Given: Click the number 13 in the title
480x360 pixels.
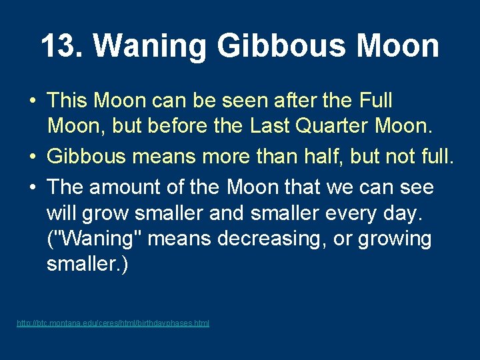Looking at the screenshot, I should [57, 46].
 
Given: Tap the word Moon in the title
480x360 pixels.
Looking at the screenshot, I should [397, 46].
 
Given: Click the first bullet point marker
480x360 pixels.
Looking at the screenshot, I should [31, 101].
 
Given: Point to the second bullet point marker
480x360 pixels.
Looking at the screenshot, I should [31, 156].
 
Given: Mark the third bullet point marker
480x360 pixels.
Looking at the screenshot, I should [31, 187].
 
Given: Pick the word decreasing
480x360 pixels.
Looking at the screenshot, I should [284, 238].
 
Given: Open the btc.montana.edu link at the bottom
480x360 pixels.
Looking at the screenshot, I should [113, 323].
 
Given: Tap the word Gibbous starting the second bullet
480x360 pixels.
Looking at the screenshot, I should [86, 156].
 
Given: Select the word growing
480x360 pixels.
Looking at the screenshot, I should [395, 238].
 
